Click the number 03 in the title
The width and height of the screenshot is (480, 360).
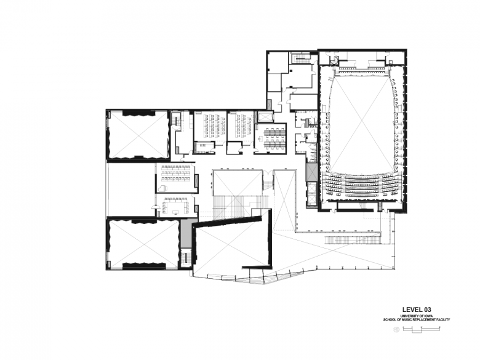pyautogui.click(x=427, y=310)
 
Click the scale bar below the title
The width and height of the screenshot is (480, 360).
pyautogui.click(x=422, y=329)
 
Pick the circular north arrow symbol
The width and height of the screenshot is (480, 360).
pyautogui.click(x=396, y=329)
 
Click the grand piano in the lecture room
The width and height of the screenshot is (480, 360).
pyautogui.click(x=161, y=188)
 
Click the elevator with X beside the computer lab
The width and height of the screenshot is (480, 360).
pyautogui.click(x=263, y=118)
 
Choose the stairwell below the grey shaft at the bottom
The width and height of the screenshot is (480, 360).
pyautogui.click(x=185, y=258)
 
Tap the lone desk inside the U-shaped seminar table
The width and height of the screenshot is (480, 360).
pyautogui.click(x=176, y=211)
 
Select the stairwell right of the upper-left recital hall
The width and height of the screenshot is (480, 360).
pyautogui.click(x=176, y=119)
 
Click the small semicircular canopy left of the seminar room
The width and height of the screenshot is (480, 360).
pyautogui.click(x=156, y=207)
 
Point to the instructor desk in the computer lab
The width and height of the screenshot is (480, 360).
pyautogui.click(x=260, y=139)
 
